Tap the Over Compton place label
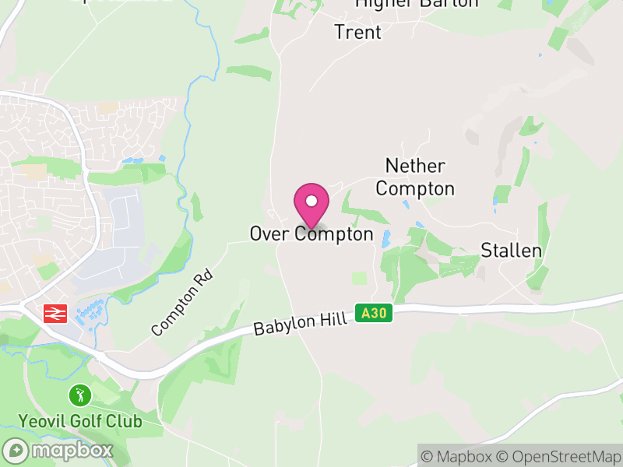click(x=311, y=233)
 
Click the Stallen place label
click(x=511, y=250)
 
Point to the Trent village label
click(x=358, y=32)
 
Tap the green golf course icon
click(x=79, y=395)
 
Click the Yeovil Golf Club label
click(x=81, y=421)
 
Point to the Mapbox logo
click(x=59, y=450)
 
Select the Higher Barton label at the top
click(x=417, y=4)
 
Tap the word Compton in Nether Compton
click(x=420, y=188)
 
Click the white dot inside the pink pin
click(x=311, y=201)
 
